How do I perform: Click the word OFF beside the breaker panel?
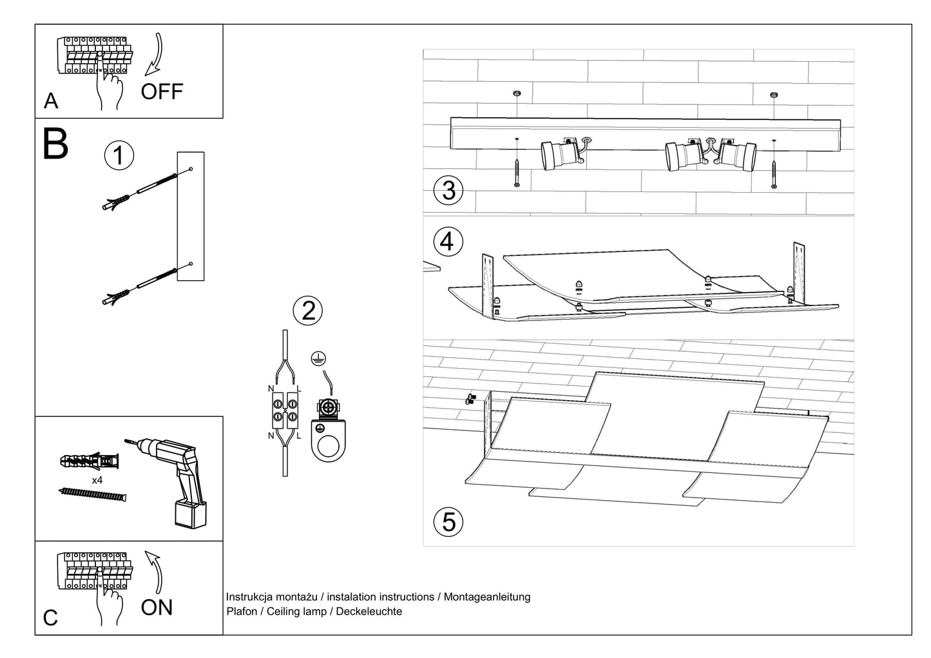tap(162, 92)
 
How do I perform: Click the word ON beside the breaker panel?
tap(157, 607)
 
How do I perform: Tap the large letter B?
tap(55, 144)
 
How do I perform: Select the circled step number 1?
tap(119, 157)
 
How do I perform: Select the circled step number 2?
tap(308, 311)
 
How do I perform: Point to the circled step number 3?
tap(448, 191)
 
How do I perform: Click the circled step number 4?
tap(448, 242)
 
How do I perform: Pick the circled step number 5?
tap(448, 521)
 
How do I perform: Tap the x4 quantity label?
tap(97, 481)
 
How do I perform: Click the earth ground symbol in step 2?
tap(316, 358)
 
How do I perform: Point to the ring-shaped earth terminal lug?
tap(327, 442)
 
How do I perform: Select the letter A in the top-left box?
tap(50, 101)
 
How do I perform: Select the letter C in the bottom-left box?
tap(50, 618)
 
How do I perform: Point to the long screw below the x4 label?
tap(93, 495)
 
